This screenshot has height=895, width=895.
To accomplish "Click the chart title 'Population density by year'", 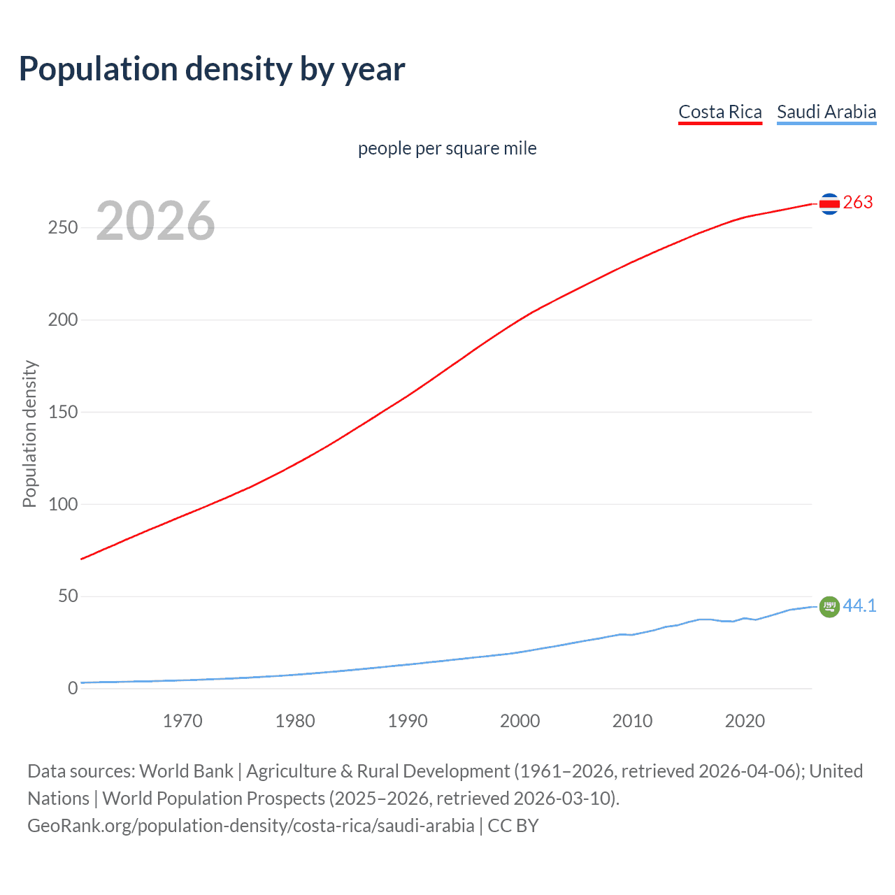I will pyautogui.click(x=212, y=69).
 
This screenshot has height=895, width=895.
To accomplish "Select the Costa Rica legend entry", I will pyautogui.click(x=719, y=112).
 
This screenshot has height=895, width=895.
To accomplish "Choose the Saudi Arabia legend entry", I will pyautogui.click(x=826, y=112).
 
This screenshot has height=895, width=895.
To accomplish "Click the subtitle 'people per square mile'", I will pyautogui.click(x=447, y=148).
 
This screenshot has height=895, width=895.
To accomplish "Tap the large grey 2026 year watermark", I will pyautogui.click(x=155, y=221).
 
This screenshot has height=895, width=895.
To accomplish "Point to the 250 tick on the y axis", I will pyautogui.click(x=63, y=228).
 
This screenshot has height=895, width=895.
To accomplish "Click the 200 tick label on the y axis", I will pyautogui.click(x=63, y=320).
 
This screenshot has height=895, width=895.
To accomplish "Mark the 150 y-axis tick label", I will pyautogui.click(x=63, y=413).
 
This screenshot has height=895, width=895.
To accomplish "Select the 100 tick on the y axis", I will pyautogui.click(x=63, y=504).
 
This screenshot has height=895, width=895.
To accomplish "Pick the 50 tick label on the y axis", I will pyautogui.click(x=68, y=596).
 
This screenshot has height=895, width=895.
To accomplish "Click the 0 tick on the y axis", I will pyautogui.click(x=73, y=689).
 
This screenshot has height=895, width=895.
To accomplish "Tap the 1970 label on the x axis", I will pyautogui.click(x=182, y=721).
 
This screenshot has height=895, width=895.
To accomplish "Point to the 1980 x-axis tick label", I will pyautogui.click(x=295, y=721).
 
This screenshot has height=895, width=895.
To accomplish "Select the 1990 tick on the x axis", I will pyautogui.click(x=408, y=721).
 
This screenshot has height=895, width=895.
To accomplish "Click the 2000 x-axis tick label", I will pyautogui.click(x=520, y=721).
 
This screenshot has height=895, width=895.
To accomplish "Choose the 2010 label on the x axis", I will pyautogui.click(x=632, y=721).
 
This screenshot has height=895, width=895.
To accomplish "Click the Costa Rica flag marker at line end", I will pyautogui.click(x=829, y=203).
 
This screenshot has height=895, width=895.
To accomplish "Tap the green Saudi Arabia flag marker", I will pyautogui.click(x=829, y=607).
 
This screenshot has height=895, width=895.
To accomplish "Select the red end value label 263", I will pyautogui.click(x=858, y=203).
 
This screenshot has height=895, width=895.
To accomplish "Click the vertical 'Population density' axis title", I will pyautogui.click(x=29, y=434).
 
